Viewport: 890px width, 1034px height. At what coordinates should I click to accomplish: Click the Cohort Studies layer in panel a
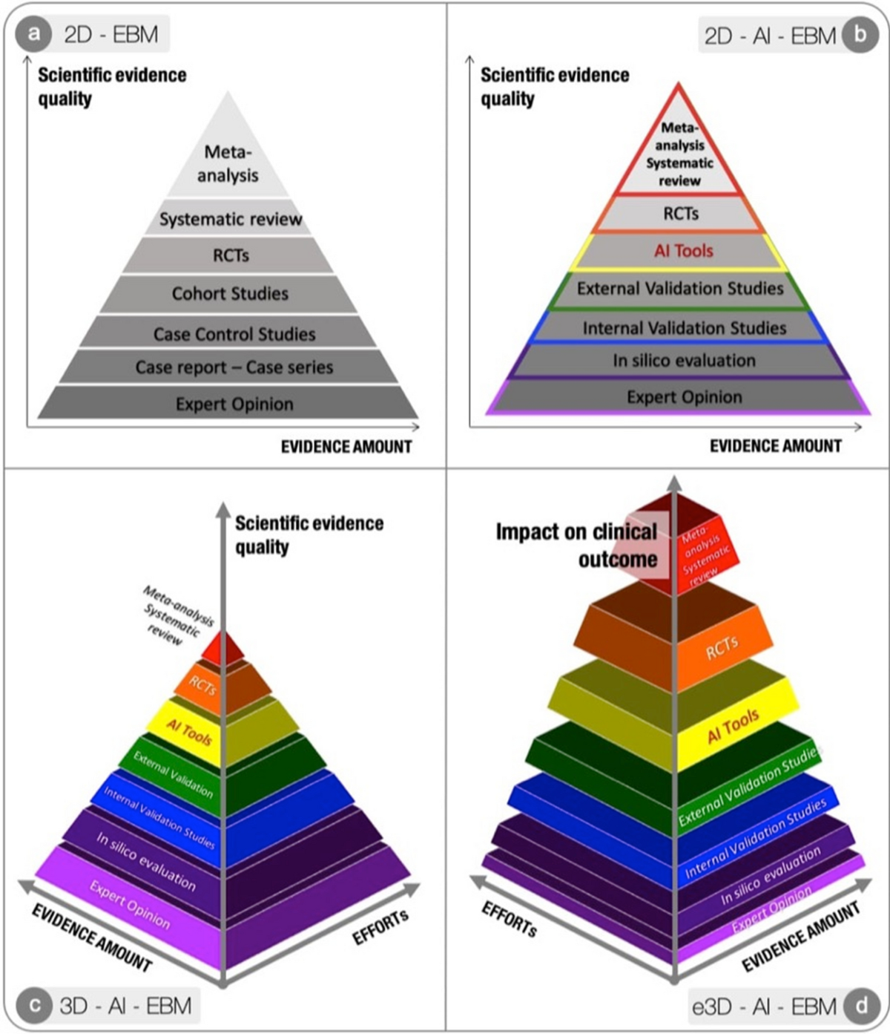coord(230,294)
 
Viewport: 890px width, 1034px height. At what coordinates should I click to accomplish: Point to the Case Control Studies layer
coord(234,334)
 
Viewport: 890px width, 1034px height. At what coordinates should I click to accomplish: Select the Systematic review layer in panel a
coord(230,220)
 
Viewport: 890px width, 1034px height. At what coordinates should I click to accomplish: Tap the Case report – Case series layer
coord(234,367)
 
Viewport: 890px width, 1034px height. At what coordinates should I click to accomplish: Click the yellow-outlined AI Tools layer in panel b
coord(682,251)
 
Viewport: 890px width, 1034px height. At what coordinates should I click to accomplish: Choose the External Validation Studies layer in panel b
coord(680,289)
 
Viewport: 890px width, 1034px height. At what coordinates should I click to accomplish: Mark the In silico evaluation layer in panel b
coord(683,361)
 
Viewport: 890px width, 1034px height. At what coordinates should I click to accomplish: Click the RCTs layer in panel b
coord(680,214)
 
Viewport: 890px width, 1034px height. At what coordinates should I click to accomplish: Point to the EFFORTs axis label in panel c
coord(380,927)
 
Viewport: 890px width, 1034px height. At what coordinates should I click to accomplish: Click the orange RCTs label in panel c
coord(202,686)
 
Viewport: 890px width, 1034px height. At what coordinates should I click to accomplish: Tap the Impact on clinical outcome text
coord(577,545)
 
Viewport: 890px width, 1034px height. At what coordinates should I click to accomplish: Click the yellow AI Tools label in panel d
coord(733,726)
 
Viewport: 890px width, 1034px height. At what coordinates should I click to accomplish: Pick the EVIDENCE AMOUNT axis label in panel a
coord(346,447)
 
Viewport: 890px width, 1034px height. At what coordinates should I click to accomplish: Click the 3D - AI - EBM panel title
coord(125,1006)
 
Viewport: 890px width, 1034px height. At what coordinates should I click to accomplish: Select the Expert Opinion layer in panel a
coord(234,405)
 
